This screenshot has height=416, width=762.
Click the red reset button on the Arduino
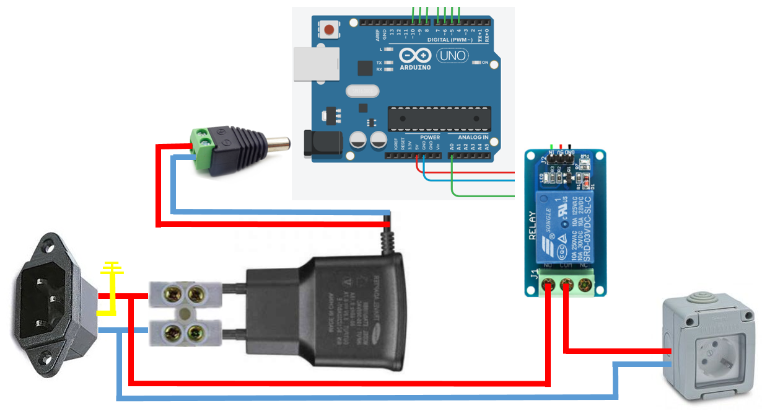(328, 29)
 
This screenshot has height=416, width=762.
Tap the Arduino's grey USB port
(316, 63)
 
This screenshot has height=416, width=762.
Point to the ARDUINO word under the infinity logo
(415, 67)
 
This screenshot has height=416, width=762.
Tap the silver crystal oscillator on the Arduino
(362, 91)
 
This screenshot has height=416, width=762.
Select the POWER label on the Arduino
(429, 137)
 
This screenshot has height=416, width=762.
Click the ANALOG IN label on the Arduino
(473, 137)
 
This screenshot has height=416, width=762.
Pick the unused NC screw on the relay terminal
(584, 286)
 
